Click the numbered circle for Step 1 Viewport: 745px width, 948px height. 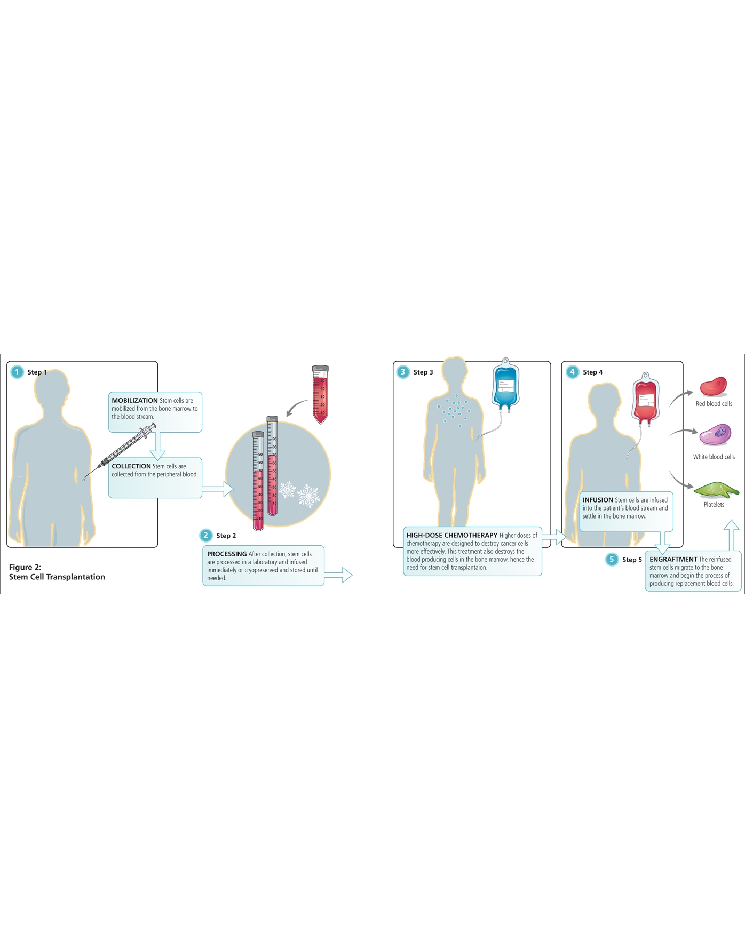(x=17, y=372)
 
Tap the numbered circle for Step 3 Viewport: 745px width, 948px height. (x=403, y=372)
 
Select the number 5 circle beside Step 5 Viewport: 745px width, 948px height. (x=612, y=559)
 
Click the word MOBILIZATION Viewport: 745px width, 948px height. (x=134, y=401)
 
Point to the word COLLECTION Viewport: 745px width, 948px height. (x=131, y=466)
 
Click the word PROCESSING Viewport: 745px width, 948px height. (x=227, y=554)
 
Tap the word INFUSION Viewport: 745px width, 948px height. (x=598, y=500)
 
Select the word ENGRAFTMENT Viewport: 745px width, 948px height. (x=673, y=560)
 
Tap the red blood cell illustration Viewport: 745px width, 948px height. (x=714, y=386)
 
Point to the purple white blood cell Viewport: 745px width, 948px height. (x=715, y=435)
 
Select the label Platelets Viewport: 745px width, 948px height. (x=714, y=505)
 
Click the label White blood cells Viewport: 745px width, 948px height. (x=714, y=457)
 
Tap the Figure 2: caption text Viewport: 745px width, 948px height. (x=25, y=567)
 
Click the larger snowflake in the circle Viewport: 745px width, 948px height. (x=308, y=496)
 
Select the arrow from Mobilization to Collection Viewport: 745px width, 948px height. (x=157, y=446)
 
